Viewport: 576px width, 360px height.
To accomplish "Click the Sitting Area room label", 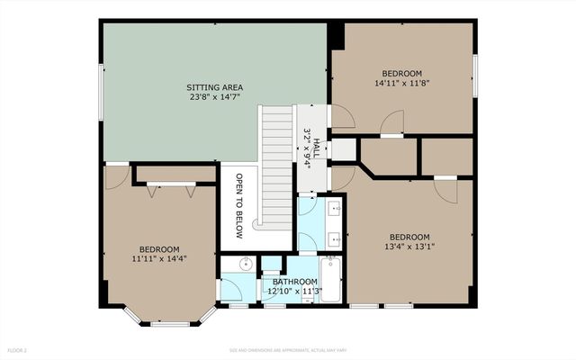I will tap(214, 87).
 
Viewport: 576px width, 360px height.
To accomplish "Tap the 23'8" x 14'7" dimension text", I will tap(214, 99).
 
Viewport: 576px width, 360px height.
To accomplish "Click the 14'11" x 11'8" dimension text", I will tap(401, 84).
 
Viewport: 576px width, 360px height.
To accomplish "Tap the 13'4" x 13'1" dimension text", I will tap(409, 247).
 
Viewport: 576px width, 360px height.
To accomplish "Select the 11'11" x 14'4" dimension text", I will tap(158, 260).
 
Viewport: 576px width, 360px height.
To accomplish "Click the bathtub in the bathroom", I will tap(330, 282).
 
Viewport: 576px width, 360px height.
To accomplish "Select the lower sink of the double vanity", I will tap(335, 240).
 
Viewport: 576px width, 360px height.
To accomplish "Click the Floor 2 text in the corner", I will tap(18, 349).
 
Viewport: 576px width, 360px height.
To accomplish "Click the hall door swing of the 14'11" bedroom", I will tap(342, 116).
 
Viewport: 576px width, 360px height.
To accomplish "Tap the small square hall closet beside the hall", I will tap(344, 149).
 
